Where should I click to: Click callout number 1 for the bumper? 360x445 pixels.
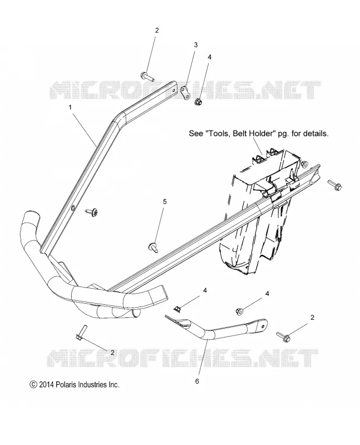(x=70, y=107)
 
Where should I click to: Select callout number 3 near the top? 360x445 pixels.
(x=196, y=45)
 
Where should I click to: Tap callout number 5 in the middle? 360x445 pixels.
(x=165, y=202)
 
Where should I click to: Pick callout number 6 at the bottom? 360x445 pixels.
(x=197, y=381)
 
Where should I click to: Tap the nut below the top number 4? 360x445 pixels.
(x=198, y=101)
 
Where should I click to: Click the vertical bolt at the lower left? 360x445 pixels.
(x=79, y=332)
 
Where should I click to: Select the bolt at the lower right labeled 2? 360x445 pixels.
(x=283, y=337)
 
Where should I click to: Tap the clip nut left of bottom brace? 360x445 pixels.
(x=177, y=308)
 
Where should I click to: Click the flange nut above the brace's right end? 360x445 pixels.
(x=239, y=311)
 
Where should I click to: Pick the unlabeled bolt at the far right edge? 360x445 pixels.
(x=335, y=185)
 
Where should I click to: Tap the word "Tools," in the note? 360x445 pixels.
(x=218, y=133)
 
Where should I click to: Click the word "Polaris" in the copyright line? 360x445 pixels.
(x=67, y=384)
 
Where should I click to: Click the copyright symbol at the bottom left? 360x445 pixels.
(x=33, y=385)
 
